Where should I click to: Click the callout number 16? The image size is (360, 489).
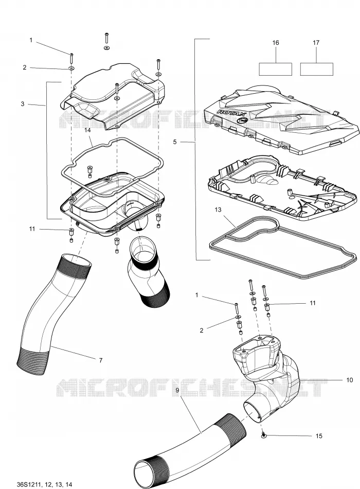pyautogui.click(x=276, y=42)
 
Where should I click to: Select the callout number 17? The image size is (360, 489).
pyautogui.click(x=316, y=42)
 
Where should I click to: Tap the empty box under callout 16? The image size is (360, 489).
pyautogui.click(x=276, y=69)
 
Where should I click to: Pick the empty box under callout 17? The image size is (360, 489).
pyautogui.click(x=317, y=69)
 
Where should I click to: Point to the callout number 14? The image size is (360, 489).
pyautogui.click(x=87, y=130)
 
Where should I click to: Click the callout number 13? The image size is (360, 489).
pyautogui.click(x=218, y=209)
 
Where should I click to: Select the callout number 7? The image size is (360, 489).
pyautogui.click(x=101, y=360)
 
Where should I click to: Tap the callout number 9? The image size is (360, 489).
pyautogui.click(x=177, y=390)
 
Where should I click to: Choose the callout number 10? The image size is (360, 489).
pyautogui.click(x=349, y=380)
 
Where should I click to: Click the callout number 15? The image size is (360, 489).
pyautogui.click(x=319, y=435)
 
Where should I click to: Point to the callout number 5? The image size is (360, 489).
pyautogui.click(x=174, y=142)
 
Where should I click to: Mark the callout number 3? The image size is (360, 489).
pyautogui.click(x=23, y=104)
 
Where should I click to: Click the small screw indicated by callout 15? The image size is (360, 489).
pyautogui.click(x=264, y=435)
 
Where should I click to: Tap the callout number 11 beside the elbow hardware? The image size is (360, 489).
pyautogui.click(x=313, y=303)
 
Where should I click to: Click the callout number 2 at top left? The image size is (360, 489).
pyautogui.click(x=25, y=67)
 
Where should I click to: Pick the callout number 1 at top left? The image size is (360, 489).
pyautogui.click(x=31, y=40)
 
